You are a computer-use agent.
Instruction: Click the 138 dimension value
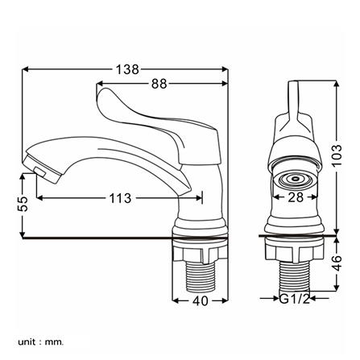(x=127, y=69)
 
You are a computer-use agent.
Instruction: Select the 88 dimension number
(x=159, y=84)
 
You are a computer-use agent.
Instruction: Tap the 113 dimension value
(x=120, y=198)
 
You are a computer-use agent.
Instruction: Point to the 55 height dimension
(x=23, y=204)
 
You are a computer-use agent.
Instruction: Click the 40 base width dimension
(x=201, y=300)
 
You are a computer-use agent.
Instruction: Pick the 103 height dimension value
(x=337, y=155)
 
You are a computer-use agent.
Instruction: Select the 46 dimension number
(x=337, y=263)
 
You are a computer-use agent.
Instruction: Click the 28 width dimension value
(x=296, y=197)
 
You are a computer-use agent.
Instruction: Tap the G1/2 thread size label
(x=295, y=299)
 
